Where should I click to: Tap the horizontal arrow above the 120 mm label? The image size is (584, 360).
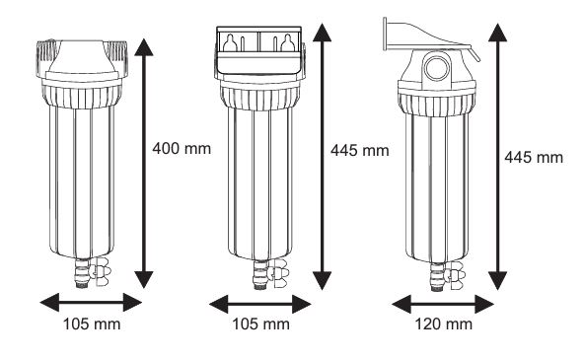click(441, 302)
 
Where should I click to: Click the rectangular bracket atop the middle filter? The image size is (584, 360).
click(259, 47)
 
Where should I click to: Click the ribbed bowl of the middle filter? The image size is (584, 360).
click(258, 178)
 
